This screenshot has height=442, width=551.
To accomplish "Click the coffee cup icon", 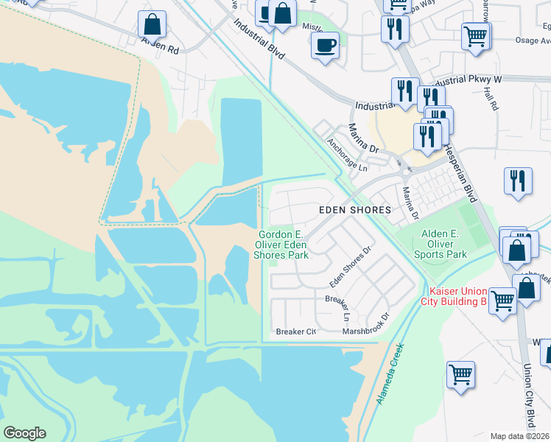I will pos(324,46).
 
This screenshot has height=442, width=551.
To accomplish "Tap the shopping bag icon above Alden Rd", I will pos(152,24).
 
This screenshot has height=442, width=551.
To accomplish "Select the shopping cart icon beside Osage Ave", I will pos(476,35).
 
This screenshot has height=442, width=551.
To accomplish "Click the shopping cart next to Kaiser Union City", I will pos(502,300).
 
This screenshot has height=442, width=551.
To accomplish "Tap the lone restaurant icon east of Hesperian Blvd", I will pos(518,181).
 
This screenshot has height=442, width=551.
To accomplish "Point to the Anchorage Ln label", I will pos(346,155).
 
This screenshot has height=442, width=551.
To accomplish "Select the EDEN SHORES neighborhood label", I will pos(354,210).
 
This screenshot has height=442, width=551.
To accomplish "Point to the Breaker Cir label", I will pos(295,331).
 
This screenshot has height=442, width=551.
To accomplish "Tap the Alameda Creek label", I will pos(390,373).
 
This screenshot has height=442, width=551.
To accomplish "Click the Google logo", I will pos(24,432).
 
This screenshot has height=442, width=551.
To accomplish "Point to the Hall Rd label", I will pos(491,97).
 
